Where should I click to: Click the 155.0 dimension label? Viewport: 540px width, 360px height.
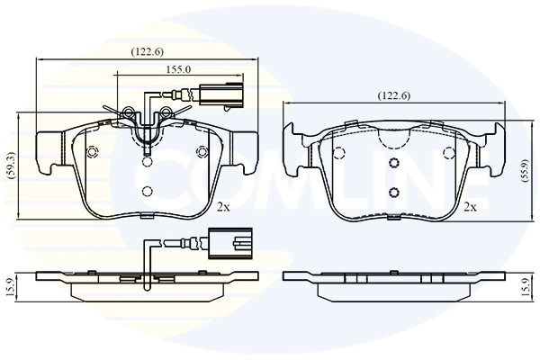(x=178, y=69)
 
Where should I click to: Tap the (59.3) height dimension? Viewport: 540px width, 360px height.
(x=11, y=166)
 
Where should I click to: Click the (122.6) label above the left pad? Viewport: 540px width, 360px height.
(x=147, y=51)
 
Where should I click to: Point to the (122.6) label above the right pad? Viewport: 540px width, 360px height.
(x=394, y=95)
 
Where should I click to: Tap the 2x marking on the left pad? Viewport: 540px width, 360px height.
(x=223, y=207)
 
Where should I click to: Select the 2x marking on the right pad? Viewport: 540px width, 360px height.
(x=470, y=207)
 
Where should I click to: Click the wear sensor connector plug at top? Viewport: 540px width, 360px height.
(x=221, y=94)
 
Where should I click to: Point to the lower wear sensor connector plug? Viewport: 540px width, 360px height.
(x=230, y=244)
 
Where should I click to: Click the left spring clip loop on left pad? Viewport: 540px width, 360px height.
(x=129, y=112)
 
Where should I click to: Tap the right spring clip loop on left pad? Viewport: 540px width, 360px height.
(x=166, y=111)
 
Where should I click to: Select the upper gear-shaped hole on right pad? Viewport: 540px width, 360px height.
(x=393, y=162)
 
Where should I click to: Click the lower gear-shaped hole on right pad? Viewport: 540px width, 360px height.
(x=393, y=193)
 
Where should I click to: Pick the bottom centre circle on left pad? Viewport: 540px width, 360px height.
(x=148, y=191)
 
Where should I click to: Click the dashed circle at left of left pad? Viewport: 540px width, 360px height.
(x=93, y=152)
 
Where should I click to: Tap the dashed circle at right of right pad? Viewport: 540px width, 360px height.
(x=449, y=152)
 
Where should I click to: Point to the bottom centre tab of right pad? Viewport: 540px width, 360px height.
(x=393, y=217)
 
